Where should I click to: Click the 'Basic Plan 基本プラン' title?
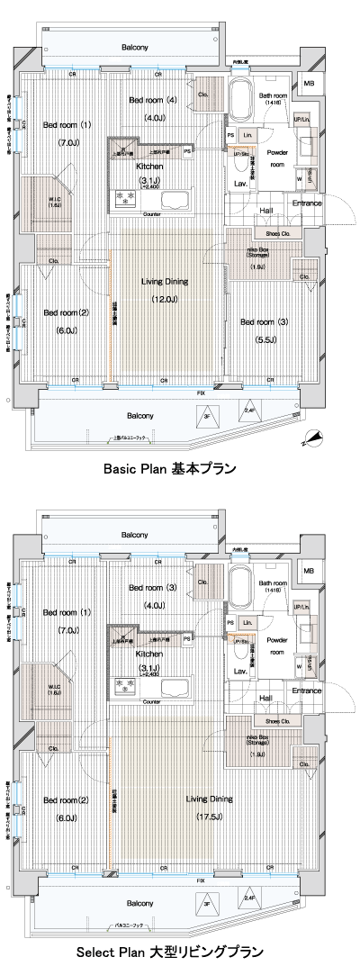(169, 468)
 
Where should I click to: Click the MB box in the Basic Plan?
(309, 84)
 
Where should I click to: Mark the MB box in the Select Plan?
(309, 572)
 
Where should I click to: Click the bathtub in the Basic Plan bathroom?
(240, 103)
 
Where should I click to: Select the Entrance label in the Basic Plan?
(306, 203)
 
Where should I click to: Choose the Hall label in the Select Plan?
(266, 673)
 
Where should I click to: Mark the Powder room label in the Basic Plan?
(277, 159)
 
